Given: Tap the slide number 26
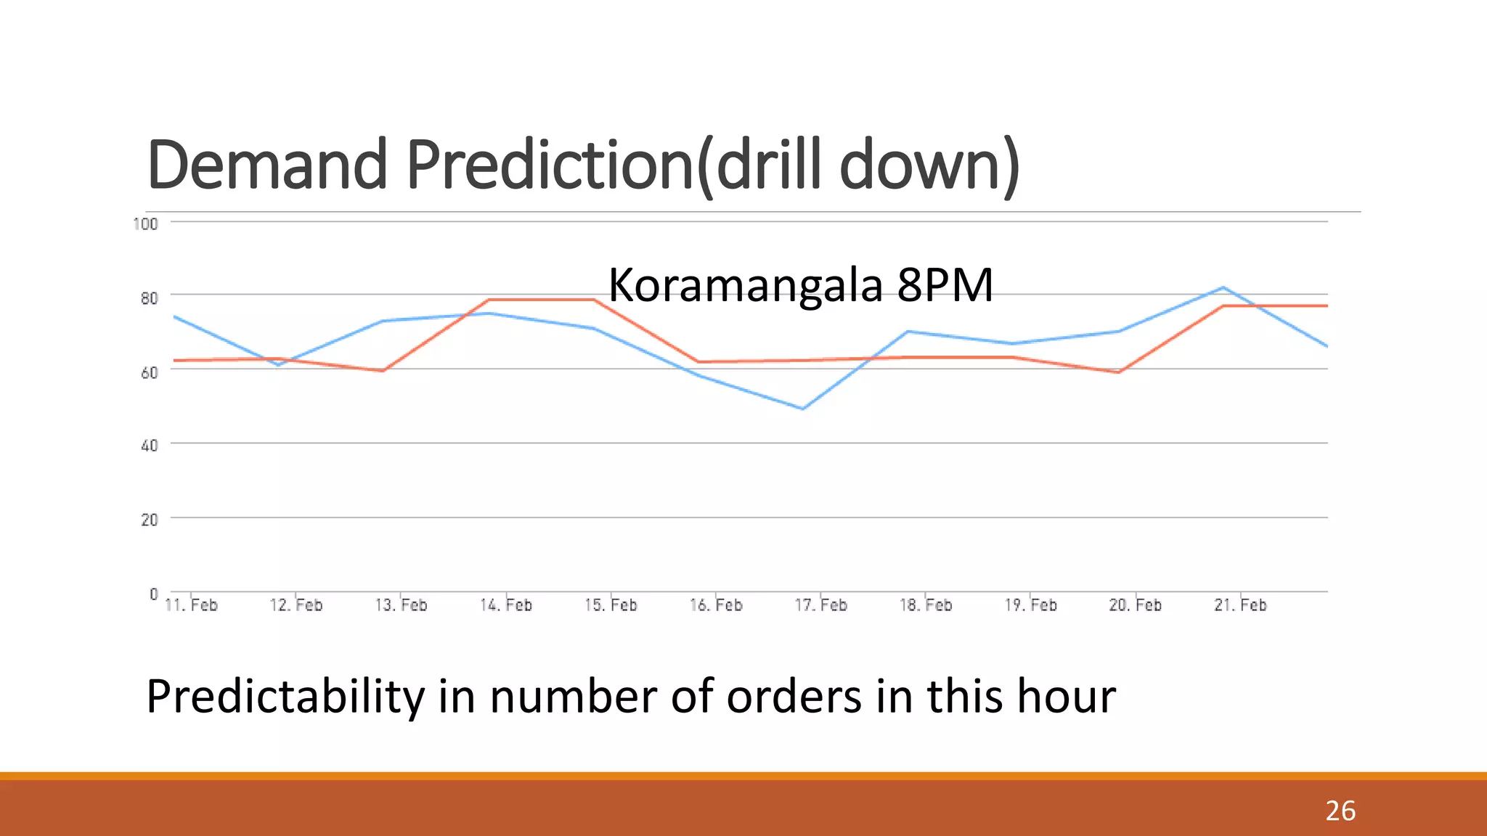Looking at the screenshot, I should (x=1340, y=811).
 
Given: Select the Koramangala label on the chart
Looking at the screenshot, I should (x=745, y=285).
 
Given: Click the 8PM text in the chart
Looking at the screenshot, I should (x=945, y=284).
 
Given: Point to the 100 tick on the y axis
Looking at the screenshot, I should (x=146, y=224).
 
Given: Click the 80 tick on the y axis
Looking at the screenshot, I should (x=149, y=298).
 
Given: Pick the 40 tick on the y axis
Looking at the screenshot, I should (x=149, y=446).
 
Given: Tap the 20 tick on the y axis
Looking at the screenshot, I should (x=149, y=520).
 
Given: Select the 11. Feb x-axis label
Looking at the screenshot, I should (x=191, y=605).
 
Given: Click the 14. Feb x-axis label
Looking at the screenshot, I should (x=506, y=605).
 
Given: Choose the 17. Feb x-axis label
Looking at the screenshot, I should (x=820, y=605).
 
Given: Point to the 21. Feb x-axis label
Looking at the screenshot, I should (x=1240, y=605).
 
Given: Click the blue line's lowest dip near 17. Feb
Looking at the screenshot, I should (x=803, y=409).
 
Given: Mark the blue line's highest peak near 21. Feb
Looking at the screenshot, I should (x=1223, y=287).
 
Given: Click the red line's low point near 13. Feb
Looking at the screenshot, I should (x=383, y=371).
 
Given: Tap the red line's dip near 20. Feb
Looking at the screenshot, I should (x=1119, y=372).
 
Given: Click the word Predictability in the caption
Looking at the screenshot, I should (x=285, y=697).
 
